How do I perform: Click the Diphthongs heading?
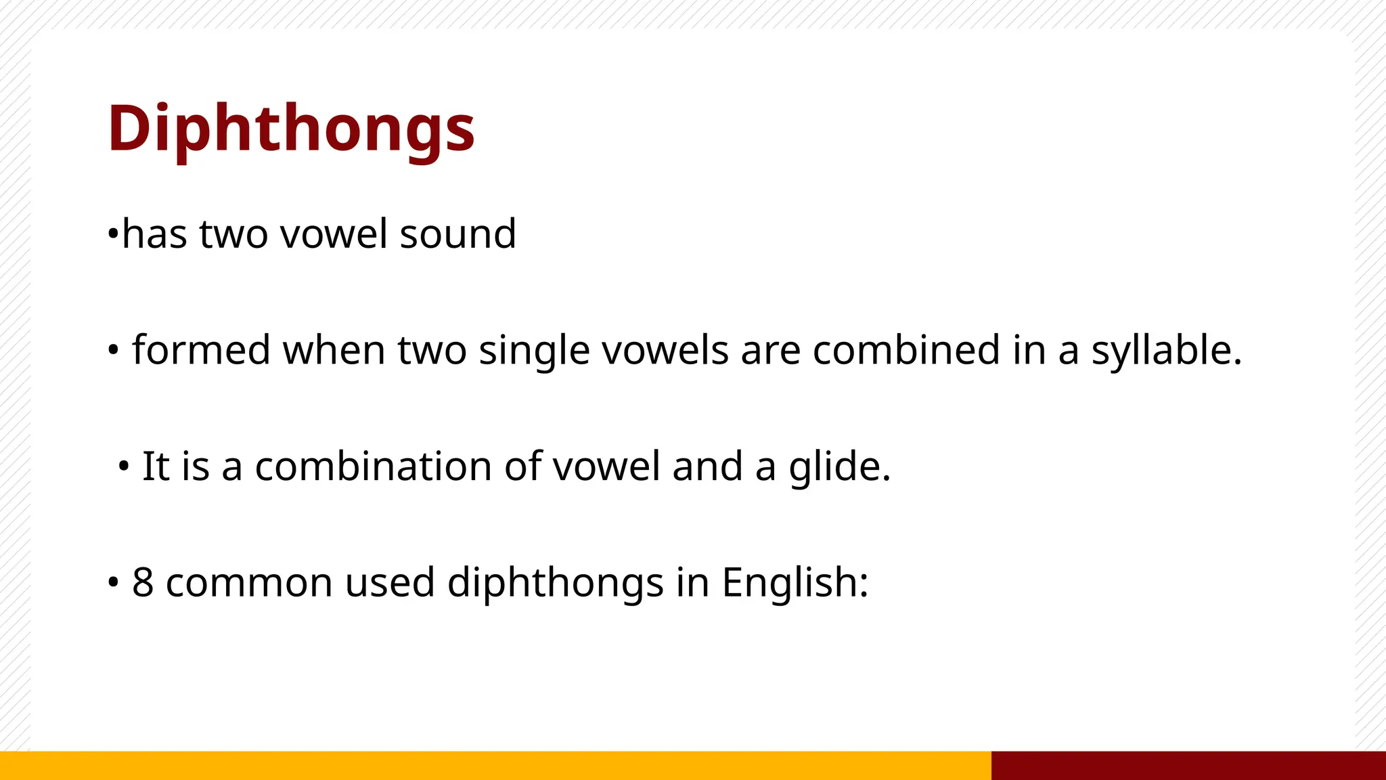(291, 129)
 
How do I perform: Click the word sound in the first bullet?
(457, 234)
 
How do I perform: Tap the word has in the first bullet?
(155, 234)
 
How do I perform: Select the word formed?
(201, 351)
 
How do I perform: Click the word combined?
(906, 351)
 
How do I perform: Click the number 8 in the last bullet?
(143, 582)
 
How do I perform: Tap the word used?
(390, 582)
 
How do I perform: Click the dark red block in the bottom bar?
(1188, 765)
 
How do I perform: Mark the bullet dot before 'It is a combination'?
(123, 467)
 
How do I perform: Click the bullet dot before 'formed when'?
(113, 351)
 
